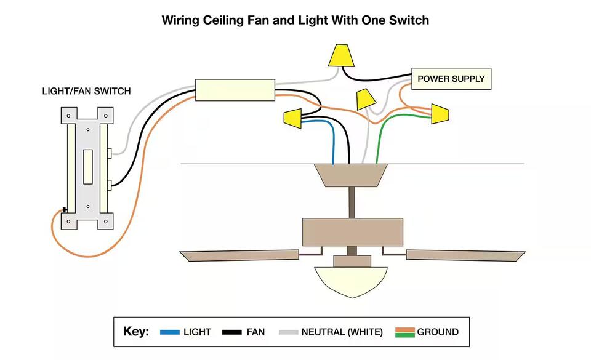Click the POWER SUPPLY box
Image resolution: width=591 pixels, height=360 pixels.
(x=451, y=79)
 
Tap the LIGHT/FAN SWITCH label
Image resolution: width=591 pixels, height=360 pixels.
(x=86, y=91)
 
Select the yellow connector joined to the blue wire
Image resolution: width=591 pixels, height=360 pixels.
(x=293, y=118)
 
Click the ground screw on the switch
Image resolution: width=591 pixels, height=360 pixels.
(x=64, y=210)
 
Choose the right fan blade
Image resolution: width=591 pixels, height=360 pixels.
(x=465, y=254)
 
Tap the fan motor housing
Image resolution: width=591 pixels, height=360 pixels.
(x=352, y=232)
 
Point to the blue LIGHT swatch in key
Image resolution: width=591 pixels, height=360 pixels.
(x=169, y=332)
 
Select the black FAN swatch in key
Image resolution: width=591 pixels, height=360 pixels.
(x=232, y=332)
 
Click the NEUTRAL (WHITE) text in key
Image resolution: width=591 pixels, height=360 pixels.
(x=342, y=332)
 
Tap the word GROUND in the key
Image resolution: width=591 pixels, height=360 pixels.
(x=438, y=332)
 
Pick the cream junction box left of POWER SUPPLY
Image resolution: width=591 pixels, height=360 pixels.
(x=235, y=90)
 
